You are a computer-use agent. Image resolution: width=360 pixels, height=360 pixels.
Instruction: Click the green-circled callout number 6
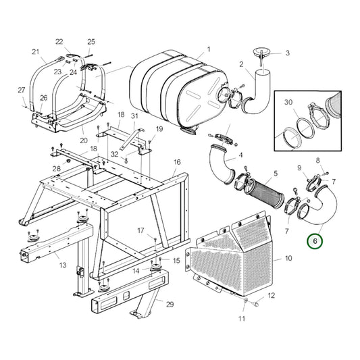click(x=314, y=240)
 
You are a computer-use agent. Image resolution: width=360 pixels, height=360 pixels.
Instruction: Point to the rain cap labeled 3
click(x=261, y=52)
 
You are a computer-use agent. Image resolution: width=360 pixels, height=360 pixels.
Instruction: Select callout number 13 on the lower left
click(x=62, y=265)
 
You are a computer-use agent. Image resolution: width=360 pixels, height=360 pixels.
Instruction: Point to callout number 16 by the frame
click(x=177, y=162)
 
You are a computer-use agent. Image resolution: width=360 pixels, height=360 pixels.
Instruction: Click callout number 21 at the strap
click(x=36, y=51)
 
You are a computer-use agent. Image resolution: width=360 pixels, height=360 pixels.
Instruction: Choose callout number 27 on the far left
click(x=21, y=89)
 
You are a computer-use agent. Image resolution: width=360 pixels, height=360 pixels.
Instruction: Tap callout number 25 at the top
click(x=91, y=42)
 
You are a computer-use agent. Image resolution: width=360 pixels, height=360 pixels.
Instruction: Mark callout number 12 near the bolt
click(x=272, y=296)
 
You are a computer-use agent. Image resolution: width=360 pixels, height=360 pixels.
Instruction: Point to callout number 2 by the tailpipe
click(x=242, y=65)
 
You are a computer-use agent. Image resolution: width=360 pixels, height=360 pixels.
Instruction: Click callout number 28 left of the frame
click(x=57, y=168)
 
